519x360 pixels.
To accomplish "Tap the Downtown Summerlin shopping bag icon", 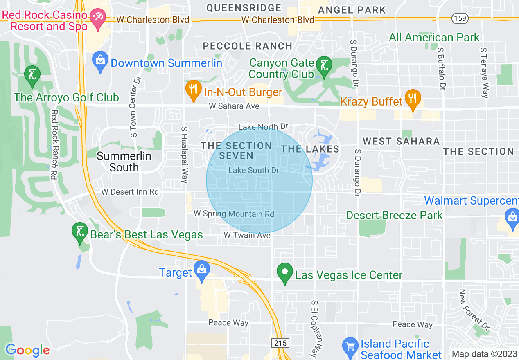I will (x=100, y=61).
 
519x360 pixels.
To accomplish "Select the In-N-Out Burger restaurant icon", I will (x=192, y=90).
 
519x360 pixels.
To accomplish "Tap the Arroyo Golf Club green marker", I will (x=32, y=76).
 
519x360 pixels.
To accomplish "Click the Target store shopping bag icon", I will (x=202, y=270).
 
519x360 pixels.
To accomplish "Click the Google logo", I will (x=27, y=350).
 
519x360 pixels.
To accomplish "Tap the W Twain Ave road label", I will (x=247, y=235).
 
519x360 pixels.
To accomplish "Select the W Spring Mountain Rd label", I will (x=234, y=214).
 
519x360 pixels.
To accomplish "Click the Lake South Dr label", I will (x=254, y=170).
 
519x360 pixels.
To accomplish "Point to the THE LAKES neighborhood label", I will (x=310, y=149).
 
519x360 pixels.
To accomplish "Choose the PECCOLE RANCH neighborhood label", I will (x=248, y=46).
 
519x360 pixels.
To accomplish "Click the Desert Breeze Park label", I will (x=394, y=215).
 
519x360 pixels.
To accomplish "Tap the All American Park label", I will (x=434, y=37).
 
